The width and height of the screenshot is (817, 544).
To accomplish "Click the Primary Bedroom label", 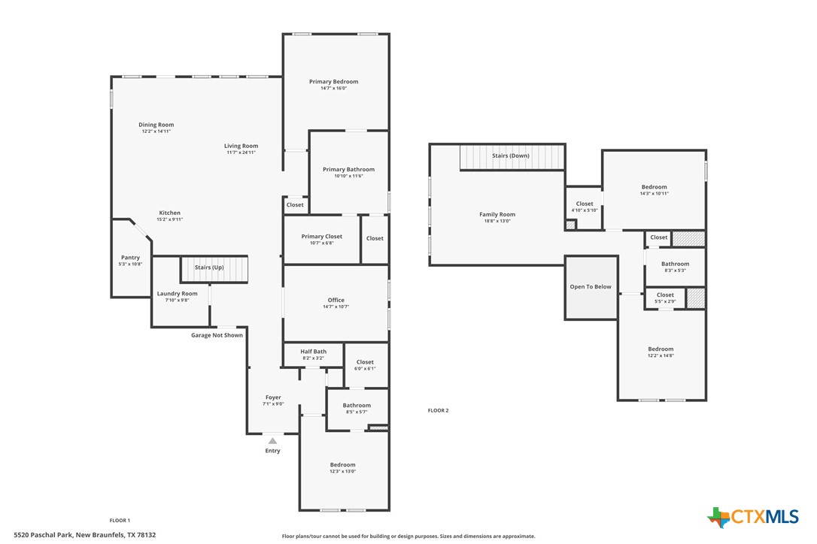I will pyautogui.click(x=333, y=81).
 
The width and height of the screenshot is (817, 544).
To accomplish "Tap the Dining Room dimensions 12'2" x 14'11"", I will pyautogui.click(x=156, y=131).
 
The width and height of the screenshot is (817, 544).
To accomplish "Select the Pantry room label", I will pyautogui.click(x=130, y=258).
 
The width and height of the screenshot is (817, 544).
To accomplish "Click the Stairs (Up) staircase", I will pyautogui.click(x=214, y=269).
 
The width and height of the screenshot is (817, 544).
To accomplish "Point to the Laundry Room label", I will pyautogui.click(x=177, y=294).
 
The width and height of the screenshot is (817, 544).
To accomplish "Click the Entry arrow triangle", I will pyautogui.click(x=272, y=441).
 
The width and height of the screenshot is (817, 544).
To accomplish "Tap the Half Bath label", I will pyautogui.click(x=313, y=352).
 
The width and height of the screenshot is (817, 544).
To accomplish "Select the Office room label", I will pyautogui.click(x=336, y=300).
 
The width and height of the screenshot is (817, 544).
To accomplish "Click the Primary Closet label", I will pyautogui.click(x=321, y=237).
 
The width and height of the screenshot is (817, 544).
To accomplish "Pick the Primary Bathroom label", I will pyautogui.click(x=348, y=170).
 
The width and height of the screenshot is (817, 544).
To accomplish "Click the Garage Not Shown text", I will pyautogui.click(x=217, y=335).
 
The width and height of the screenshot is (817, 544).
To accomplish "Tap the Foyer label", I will pyautogui.click(x=272, y=397).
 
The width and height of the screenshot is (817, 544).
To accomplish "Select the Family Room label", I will pyautogui.click(x=497, y=215).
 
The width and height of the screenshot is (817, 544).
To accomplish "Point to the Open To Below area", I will pyautogui.click(x=591, y=287).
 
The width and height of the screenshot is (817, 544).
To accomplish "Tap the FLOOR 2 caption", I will pyautogui.click(x=438, y=410).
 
